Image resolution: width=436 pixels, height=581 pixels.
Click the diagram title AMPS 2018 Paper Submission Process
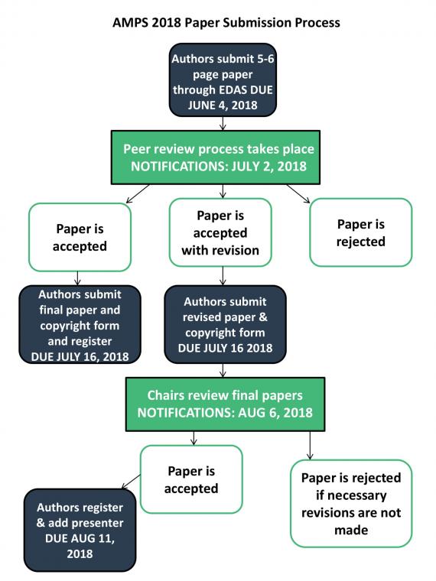pos(226,23)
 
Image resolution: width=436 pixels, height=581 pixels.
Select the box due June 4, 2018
pos(223,80)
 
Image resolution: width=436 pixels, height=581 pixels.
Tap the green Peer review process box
pos(216,157)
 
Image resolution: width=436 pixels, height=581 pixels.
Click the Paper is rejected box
pos(361,232)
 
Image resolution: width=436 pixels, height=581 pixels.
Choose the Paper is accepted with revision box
pos(220,232)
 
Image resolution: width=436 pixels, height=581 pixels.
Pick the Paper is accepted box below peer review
pos(80,237)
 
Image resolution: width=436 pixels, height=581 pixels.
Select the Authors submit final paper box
pos(80,324)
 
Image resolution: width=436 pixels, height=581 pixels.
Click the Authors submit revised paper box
pos(225,324)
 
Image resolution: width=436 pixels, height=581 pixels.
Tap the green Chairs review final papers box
pos(225,404)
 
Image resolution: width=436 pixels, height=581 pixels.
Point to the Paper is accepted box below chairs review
pos(191,479)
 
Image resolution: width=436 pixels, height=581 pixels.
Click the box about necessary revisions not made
pos(351,504)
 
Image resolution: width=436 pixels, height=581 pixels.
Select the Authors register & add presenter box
pos(80,531)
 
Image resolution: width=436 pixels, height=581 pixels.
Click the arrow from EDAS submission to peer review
pos(223,123)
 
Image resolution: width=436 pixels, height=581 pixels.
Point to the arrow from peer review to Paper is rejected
pos(298,193)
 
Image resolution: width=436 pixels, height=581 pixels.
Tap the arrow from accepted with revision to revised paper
pos(223,276)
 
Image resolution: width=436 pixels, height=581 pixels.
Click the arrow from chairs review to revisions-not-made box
pos(311,446)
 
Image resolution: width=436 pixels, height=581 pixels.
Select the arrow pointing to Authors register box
pos(132,482)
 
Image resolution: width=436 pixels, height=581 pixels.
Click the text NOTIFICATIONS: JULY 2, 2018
pos(219,167)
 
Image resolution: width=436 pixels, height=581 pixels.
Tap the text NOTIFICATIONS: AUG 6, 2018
pos(225,413)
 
